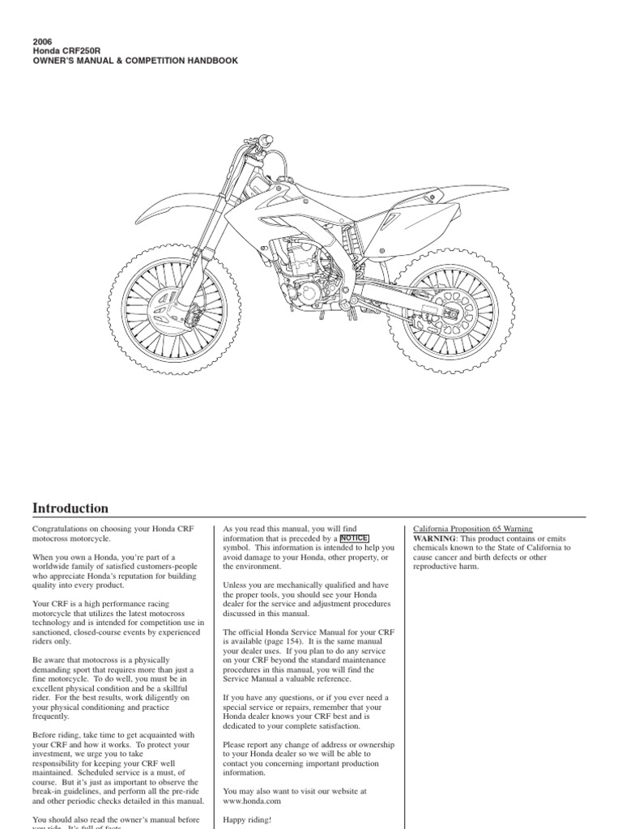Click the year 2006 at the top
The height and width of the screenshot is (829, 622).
point(42,41)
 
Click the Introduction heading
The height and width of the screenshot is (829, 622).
point(70,508)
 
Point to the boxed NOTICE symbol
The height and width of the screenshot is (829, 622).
point(354,538)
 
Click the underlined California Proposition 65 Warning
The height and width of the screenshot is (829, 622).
point(473,529)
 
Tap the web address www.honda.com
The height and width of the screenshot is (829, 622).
point(252,801)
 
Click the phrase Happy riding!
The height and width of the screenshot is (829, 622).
point(248,820)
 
